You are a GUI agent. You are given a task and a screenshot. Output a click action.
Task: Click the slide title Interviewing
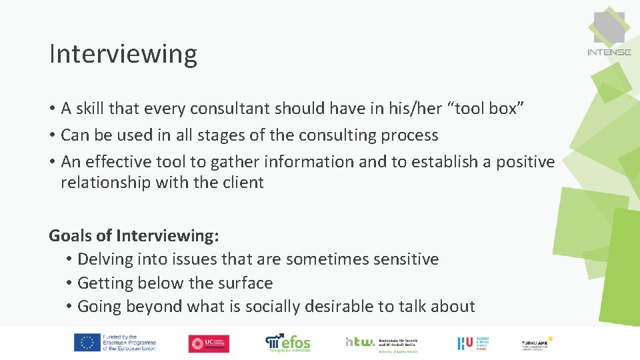coord(123,54)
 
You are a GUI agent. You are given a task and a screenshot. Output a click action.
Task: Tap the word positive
coord(525,161)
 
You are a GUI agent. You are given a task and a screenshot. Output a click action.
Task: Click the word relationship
coord(106,182)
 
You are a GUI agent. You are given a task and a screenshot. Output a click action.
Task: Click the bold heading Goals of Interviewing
coord(134,235)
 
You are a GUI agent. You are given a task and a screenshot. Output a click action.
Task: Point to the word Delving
coord(105,259)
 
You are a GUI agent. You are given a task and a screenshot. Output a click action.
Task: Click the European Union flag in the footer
coord(87,343)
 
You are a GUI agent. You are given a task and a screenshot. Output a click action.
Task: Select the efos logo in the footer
coord(288,343)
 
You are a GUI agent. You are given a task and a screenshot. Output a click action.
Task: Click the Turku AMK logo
coord(537,343)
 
